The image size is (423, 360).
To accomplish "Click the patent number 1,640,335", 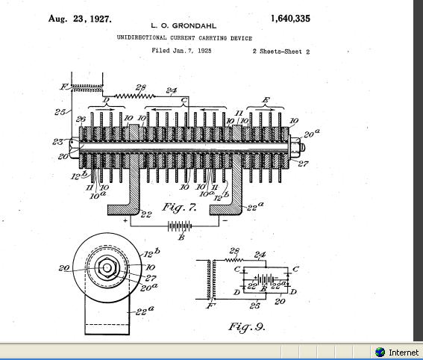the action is click(x=290, y=19).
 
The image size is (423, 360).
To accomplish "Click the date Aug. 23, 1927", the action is click(x=80, y=19).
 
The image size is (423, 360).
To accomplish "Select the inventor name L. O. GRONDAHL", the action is click(x=184, y=26).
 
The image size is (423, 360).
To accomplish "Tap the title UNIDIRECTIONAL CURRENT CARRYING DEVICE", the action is click(x=184, y=38).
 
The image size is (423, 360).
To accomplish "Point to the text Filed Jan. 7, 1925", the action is click(x=181, y=51).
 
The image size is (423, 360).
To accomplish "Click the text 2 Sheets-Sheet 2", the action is click(x=281, y=52).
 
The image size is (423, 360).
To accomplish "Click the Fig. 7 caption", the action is click(x=179, y=208).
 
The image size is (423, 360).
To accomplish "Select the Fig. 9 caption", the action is click(x=247, y=327).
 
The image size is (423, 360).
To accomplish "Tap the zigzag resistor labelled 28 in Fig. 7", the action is click(x=135, y=96).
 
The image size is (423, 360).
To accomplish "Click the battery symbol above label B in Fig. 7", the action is click(x=180, y=226).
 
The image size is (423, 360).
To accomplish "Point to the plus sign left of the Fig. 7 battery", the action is click(x=125, y=220).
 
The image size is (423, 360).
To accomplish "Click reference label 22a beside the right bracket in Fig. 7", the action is click(x=255, y=206).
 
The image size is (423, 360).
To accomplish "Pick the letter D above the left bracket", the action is click(x=107, y=100).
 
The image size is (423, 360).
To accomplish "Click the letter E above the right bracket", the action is click(x=266, y=100).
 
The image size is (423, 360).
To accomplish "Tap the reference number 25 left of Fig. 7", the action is click(x=60, y=111).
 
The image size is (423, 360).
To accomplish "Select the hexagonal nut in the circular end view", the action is click(x=107, y=267).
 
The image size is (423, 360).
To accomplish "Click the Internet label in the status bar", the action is click(x=404, y=353).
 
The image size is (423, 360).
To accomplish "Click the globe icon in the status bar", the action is click(x=380, y=353).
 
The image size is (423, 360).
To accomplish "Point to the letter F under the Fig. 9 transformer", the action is click(x=210, y=306).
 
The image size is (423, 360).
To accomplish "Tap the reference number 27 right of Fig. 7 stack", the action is click(x=303, y=164).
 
